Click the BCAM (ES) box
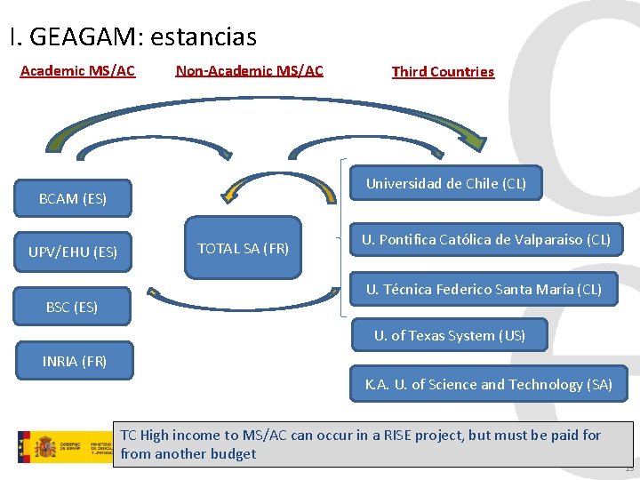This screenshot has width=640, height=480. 73,198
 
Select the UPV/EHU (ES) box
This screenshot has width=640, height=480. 73,252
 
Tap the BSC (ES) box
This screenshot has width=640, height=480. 73,307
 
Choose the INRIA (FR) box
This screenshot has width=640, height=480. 75,360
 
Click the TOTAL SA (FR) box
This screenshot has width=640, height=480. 243,248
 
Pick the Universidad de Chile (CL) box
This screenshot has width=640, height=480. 446,184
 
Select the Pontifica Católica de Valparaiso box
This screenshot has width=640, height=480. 485,239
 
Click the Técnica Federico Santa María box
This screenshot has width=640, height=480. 484,289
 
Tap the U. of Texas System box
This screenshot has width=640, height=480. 449,335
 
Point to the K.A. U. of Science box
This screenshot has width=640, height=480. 488,384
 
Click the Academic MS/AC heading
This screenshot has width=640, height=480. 77,70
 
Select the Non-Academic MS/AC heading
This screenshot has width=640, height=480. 250,70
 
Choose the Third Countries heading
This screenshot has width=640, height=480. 443,71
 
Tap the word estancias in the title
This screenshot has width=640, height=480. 204,37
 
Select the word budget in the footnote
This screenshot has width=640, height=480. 234,453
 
